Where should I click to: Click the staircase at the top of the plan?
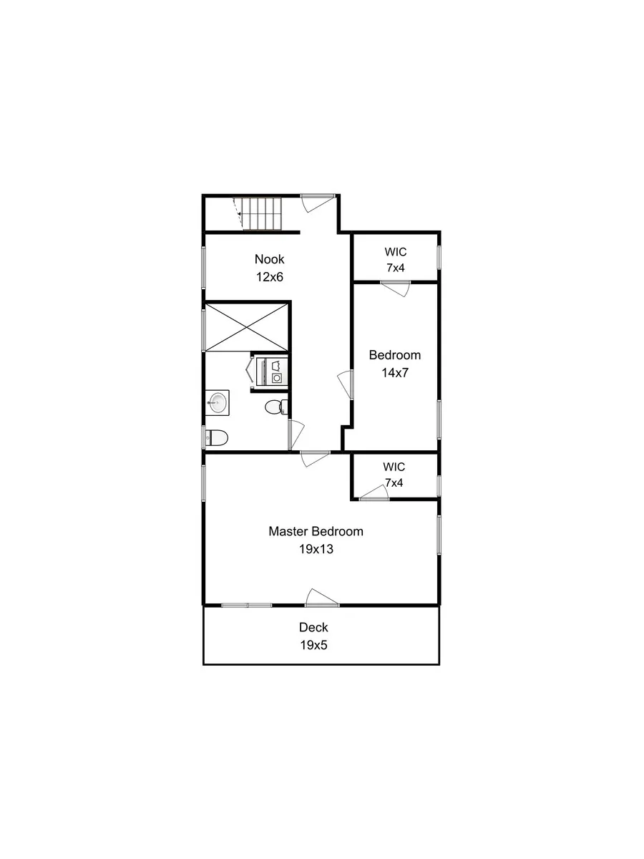click(262, 214)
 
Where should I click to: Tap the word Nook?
click(269, 259)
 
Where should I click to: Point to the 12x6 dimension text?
click(269, 277)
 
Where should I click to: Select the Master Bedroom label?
click(316, 531)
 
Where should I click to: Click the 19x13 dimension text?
click(316, 550)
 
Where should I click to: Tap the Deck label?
click(313, 627)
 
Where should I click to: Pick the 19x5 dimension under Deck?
click(313, 644)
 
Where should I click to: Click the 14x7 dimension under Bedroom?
click(394, 372)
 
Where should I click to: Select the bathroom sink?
click(216, 403)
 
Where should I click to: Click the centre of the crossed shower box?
click(247, 327)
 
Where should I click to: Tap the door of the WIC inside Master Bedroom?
click(374, 492)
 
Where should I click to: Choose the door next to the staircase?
click(316, 202)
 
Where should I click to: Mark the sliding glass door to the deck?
click(247, 606)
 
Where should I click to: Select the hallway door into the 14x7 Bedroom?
click(347, 385)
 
